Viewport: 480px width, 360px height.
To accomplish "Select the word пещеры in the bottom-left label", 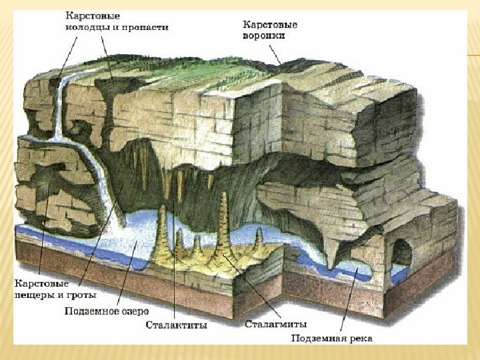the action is point(33,294).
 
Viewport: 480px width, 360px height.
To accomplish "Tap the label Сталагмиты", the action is point(275,324).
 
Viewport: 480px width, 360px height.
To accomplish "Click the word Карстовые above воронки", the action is point(269,25).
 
